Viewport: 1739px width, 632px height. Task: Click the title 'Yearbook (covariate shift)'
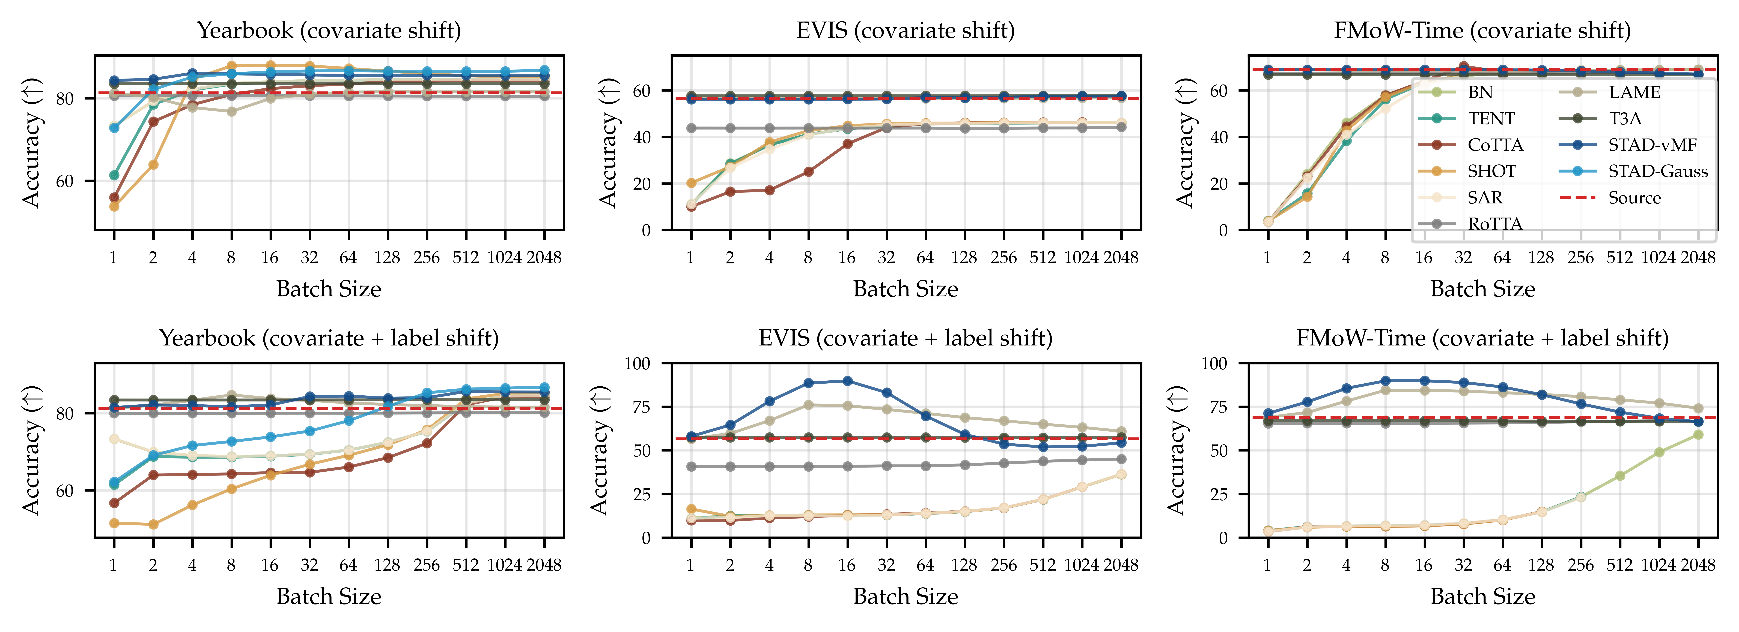[329, 30]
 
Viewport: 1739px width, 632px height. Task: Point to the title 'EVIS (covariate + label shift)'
[905, 338]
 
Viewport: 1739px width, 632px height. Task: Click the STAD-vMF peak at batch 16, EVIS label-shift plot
[847, 381]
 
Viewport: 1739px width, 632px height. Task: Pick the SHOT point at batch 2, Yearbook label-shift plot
[153, 524]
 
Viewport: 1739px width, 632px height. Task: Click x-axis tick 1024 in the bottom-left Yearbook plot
[504, 565]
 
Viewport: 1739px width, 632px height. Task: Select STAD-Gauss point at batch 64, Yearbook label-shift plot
[348, 420]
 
